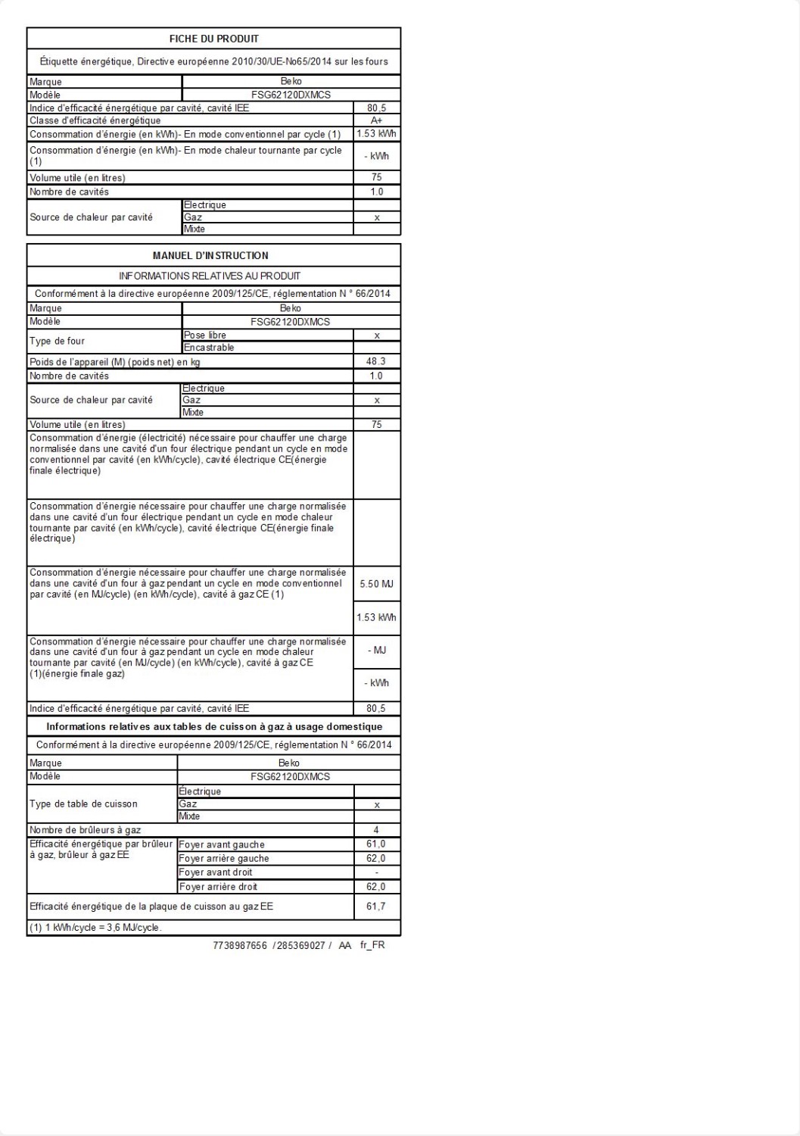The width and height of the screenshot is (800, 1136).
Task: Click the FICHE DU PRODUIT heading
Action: coord(213,39)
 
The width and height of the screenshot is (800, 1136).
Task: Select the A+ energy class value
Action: coord(376,120)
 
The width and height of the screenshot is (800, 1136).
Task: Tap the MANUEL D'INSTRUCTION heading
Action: coord(210,256)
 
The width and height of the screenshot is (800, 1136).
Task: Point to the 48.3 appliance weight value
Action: coord(376,361)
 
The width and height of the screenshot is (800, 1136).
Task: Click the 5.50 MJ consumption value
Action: coord(376,584)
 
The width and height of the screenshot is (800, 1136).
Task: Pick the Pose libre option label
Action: coord(205,335)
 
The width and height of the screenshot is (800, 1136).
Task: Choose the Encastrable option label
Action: coord(209,348)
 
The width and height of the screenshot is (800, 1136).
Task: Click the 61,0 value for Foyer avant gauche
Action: coord(376,844)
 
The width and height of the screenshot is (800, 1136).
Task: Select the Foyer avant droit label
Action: coord(216,872)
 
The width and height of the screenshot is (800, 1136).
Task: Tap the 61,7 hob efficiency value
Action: coord(376,907)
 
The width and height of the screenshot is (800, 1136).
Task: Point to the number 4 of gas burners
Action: coord(376,830)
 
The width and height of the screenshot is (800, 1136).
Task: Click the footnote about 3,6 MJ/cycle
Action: coord(95,928)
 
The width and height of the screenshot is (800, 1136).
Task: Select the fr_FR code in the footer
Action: coord(372,945)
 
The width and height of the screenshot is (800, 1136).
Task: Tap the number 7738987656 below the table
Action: coord(241,945)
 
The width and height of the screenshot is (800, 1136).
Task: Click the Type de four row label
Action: coord(58,342)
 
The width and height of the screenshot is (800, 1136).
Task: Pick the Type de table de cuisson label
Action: coord(83,804)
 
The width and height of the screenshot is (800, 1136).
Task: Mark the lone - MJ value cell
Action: coord(376,651)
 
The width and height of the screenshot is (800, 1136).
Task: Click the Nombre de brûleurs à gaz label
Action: coord(86,830)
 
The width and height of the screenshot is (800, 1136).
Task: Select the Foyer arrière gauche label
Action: coord(224,859)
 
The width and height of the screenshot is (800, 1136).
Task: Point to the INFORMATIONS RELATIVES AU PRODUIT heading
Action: coord(210,276)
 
